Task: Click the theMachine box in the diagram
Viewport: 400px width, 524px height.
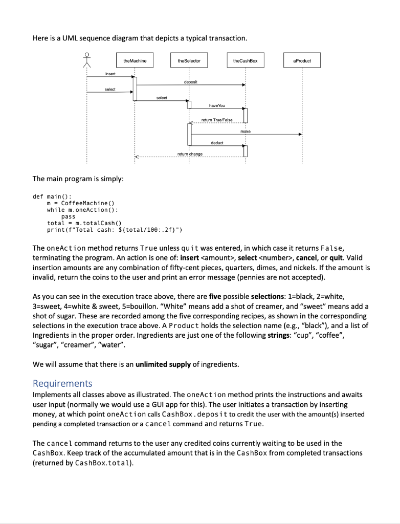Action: (135, 61)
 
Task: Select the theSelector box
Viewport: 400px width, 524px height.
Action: (189, 61)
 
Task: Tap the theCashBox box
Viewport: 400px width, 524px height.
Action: (245, 61)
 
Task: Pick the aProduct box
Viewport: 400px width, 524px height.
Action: (302, 61)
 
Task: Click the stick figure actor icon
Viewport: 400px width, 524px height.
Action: (87, 61)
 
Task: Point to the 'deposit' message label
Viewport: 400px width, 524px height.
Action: (191, 81)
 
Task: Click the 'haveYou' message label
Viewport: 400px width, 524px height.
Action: (217, 105)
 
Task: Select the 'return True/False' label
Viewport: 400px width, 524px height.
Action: (216, 120)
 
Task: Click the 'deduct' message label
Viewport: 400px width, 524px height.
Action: (217, 143)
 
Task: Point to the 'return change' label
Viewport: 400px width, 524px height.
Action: (190, 154)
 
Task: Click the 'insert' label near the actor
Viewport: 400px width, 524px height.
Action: (110, 74)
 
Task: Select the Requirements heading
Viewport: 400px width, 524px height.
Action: (62, 383)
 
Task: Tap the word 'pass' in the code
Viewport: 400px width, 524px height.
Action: (68, 216)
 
